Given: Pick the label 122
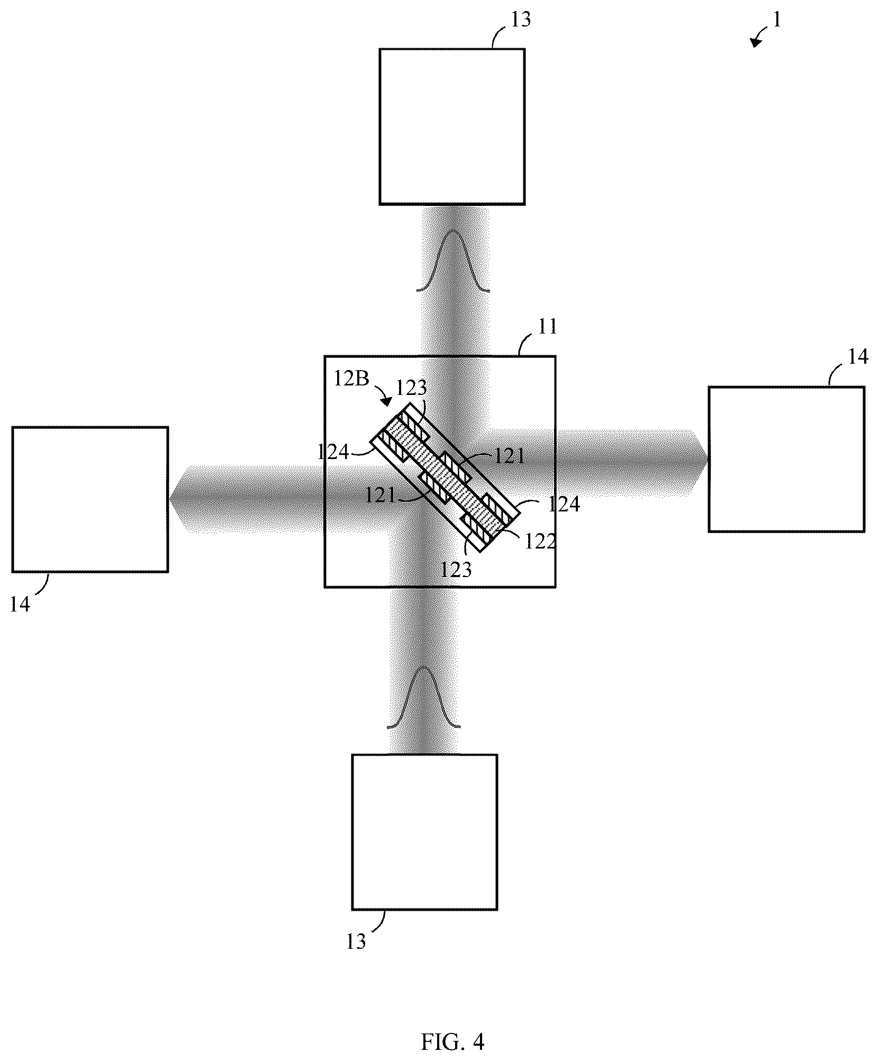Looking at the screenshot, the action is coord(540,542).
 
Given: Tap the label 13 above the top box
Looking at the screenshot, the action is coord(520,20).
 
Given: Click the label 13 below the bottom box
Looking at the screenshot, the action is coord(356,942).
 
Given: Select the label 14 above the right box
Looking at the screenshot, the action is coord(857,357).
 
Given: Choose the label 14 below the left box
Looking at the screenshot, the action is coord(20,604).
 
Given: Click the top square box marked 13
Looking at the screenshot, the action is coord(452,127).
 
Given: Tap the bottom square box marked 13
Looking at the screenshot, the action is coord(424,832).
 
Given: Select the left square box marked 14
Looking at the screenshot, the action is coord(90,499).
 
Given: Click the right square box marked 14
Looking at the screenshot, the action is coord(786,459).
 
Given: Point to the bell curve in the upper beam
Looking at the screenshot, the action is coord(453,260).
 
